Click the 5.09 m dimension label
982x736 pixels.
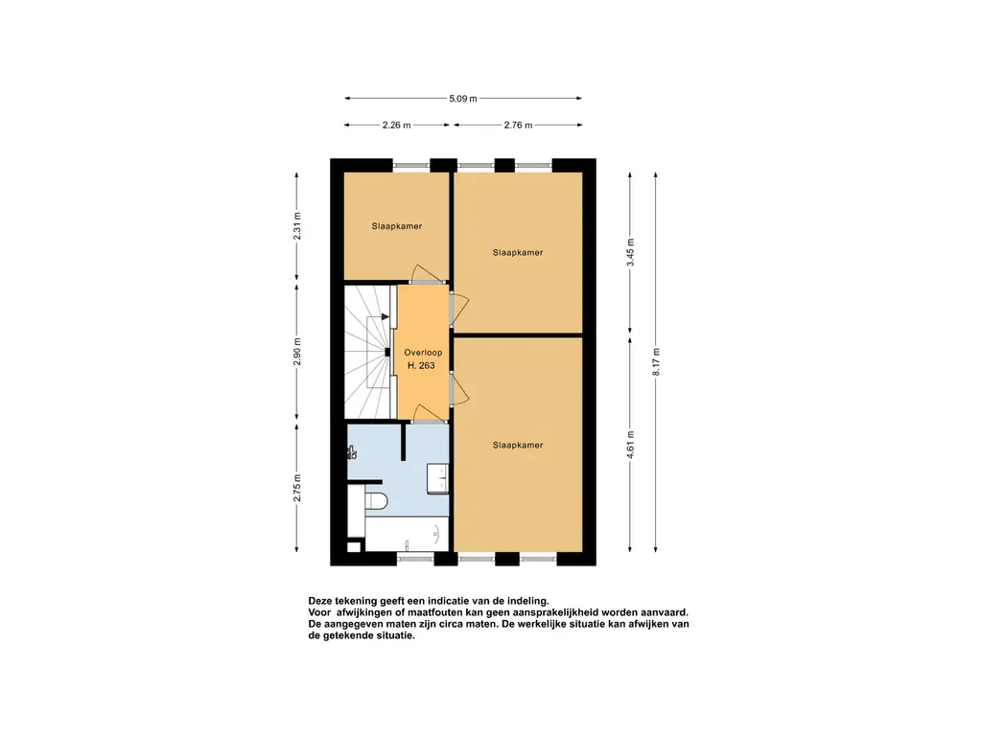point(463,99)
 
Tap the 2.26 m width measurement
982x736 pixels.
point(396,126)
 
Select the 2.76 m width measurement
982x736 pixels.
point(518,126)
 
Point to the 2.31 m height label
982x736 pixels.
point(297,226)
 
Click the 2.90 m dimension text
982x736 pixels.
point(297,352)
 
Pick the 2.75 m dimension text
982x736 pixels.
point(297,488)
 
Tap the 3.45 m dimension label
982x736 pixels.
point(631,252)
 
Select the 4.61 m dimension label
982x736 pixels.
point(631,445)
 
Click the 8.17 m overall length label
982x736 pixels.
point(656,361)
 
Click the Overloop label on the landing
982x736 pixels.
point(423,353)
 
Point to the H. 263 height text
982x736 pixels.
point(421,365)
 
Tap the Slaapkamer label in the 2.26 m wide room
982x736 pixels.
point(396,226)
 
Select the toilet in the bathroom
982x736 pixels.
point(376,500)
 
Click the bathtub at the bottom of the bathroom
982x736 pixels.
point(407,534)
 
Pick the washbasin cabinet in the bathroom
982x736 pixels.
point(437,479)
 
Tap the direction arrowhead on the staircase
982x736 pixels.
point(386,317)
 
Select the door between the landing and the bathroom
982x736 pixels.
point(428,414)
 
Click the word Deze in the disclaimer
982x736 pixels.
point(319,602)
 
